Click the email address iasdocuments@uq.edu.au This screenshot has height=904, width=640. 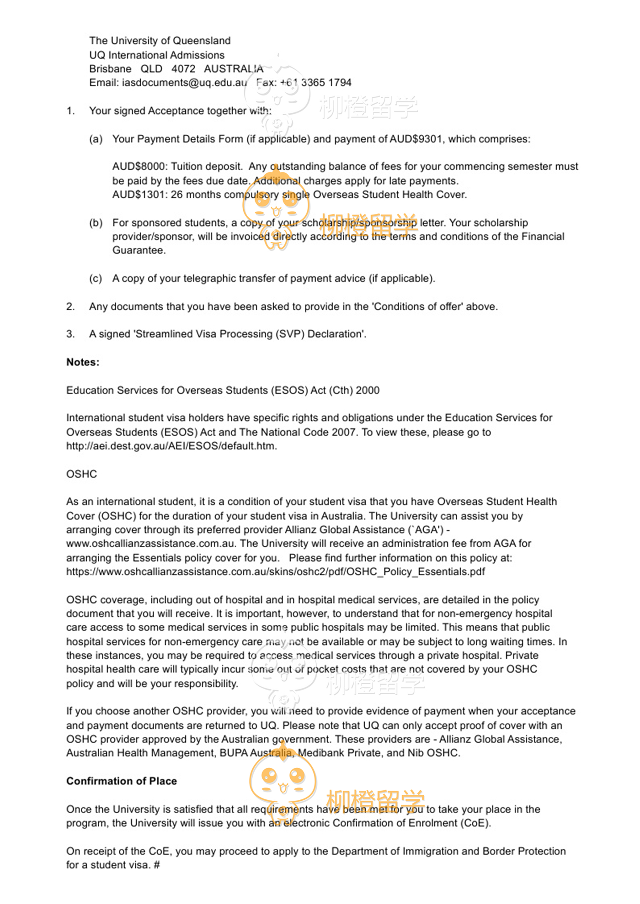(x=184, y=83)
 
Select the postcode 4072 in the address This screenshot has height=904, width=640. (x=183, y=69)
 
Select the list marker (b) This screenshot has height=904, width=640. (x=96, y=223)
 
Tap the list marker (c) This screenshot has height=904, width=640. (x=96, y=279)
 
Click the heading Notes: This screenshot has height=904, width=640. (x=83, y=362)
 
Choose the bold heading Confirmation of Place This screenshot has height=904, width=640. (x=122, y=781)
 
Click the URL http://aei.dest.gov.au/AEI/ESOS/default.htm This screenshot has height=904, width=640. (x=171, y=446)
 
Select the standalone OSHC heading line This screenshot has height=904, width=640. (x=81, y=474)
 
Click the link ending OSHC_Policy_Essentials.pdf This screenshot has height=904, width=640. (x=275, y=572)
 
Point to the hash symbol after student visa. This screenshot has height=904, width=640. (x=157, y=865)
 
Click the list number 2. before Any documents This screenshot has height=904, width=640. (x=70, y=307)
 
